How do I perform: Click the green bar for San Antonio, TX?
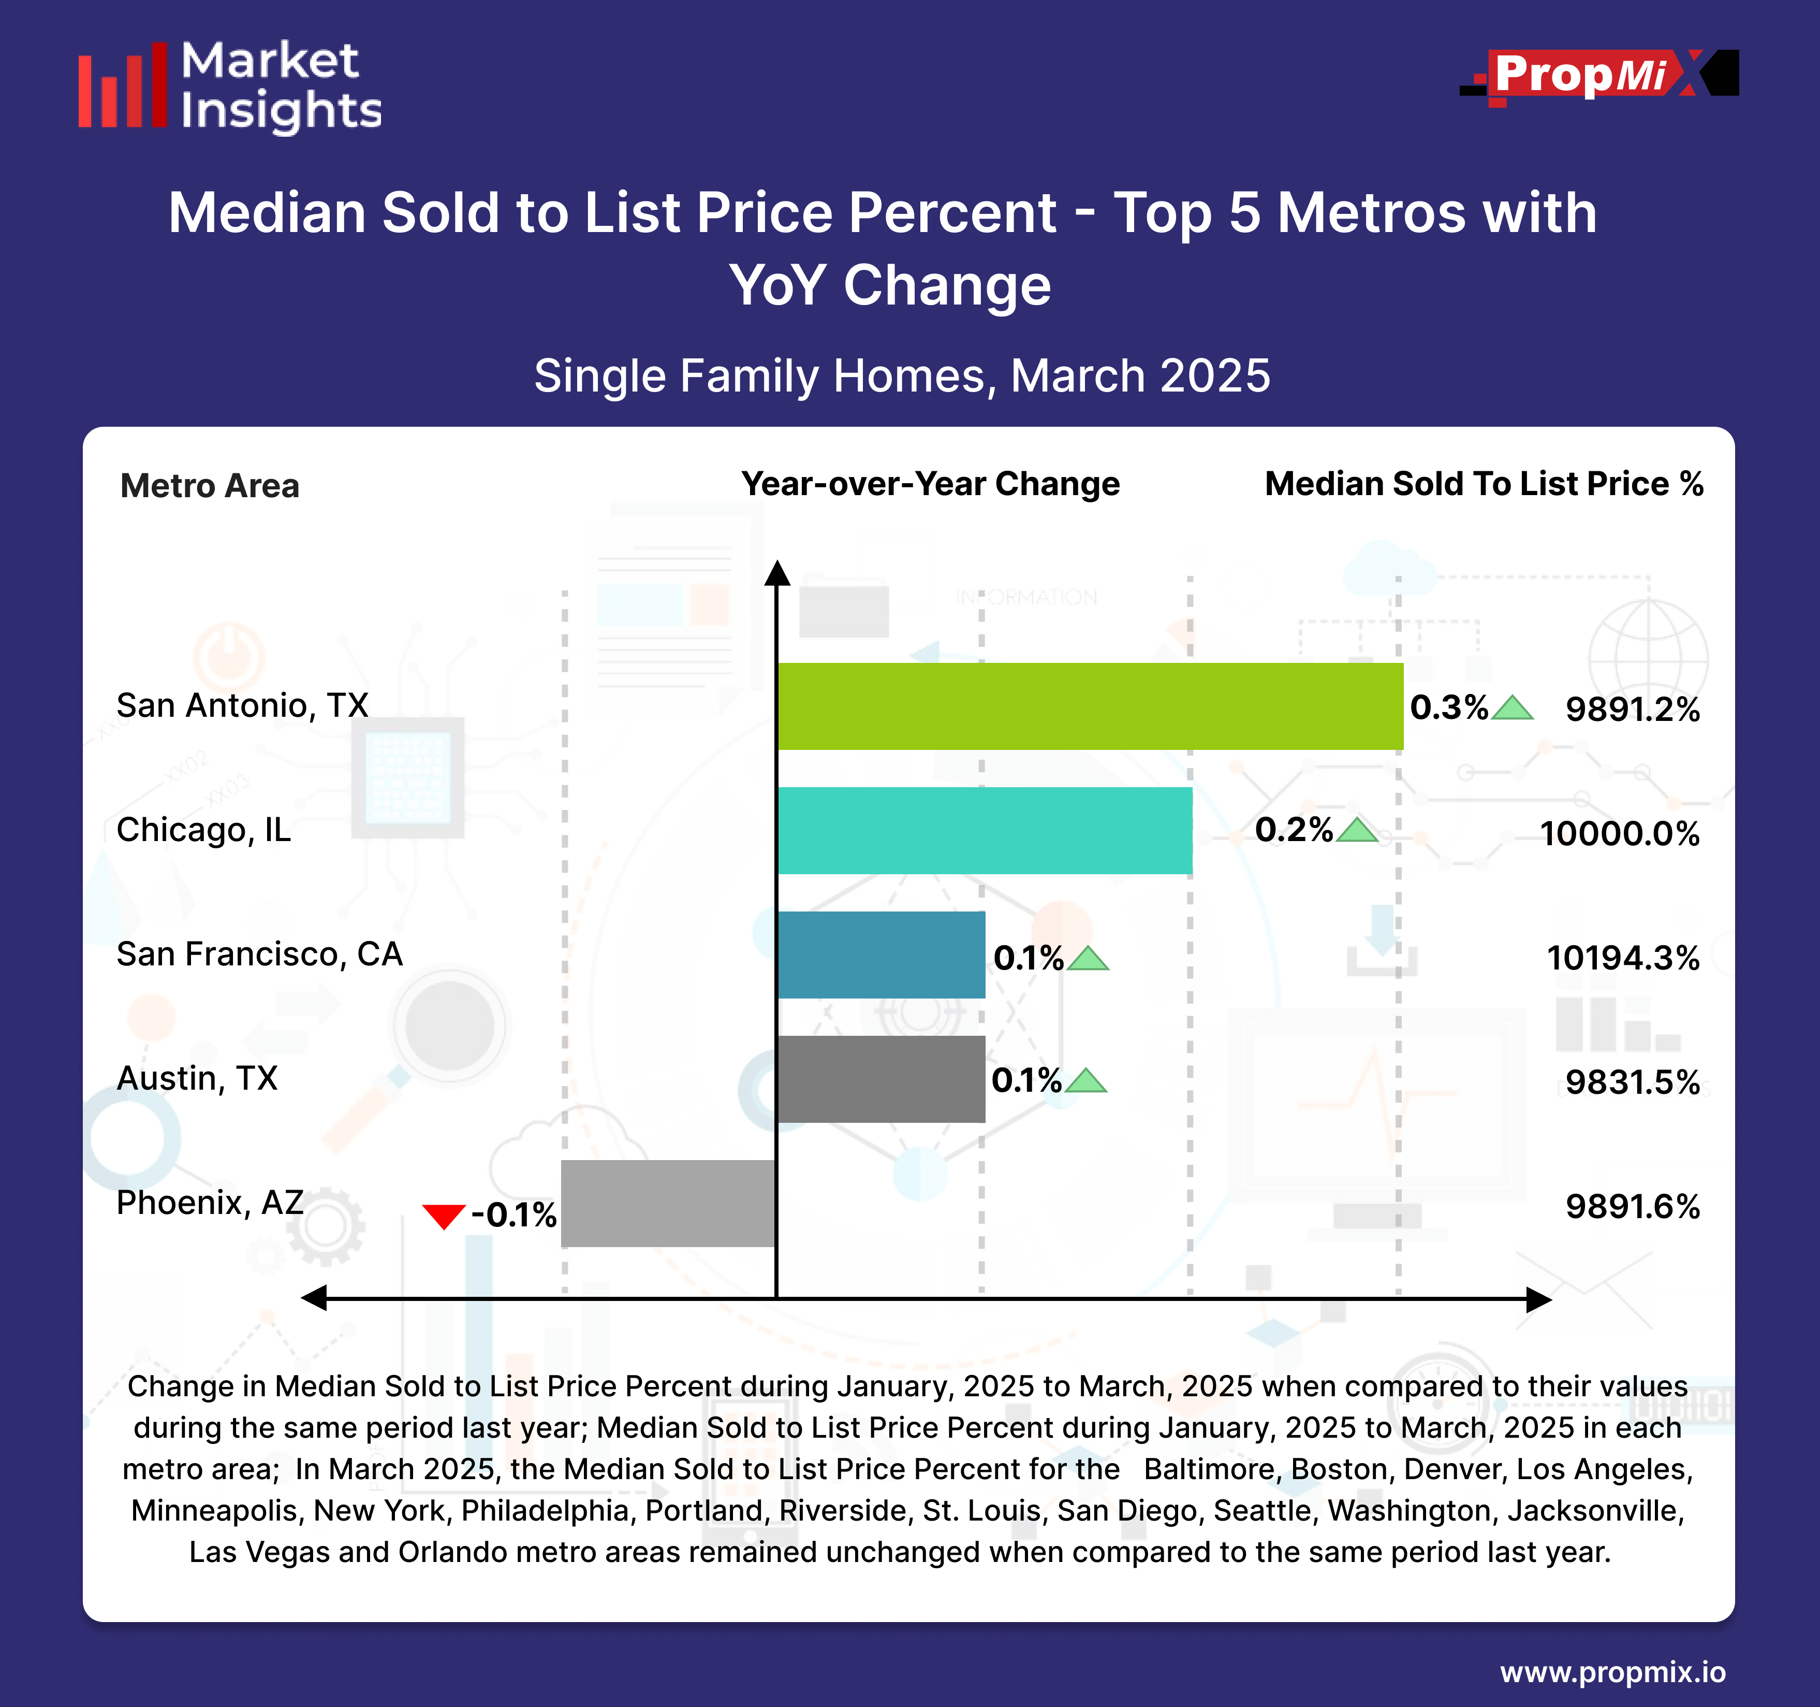(1090, 706)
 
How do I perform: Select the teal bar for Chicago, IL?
(984, 831)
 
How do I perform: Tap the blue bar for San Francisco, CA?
(880, 954)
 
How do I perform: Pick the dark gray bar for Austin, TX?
(880, 1079)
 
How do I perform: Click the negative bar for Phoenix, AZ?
(668, 1203)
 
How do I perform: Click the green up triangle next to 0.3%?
(1513, 708)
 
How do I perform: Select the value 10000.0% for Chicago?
(1619, 833)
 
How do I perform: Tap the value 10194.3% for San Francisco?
(1622, 958)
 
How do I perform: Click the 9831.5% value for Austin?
(1632, 1082)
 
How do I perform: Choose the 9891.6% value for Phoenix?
(1632, 1206)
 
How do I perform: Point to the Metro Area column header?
(210, 485)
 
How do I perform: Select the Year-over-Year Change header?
(930, 484)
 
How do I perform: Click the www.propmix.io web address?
(1612, 1672)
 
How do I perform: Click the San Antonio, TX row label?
(243, 705)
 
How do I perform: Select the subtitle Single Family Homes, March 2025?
(902, 375)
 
